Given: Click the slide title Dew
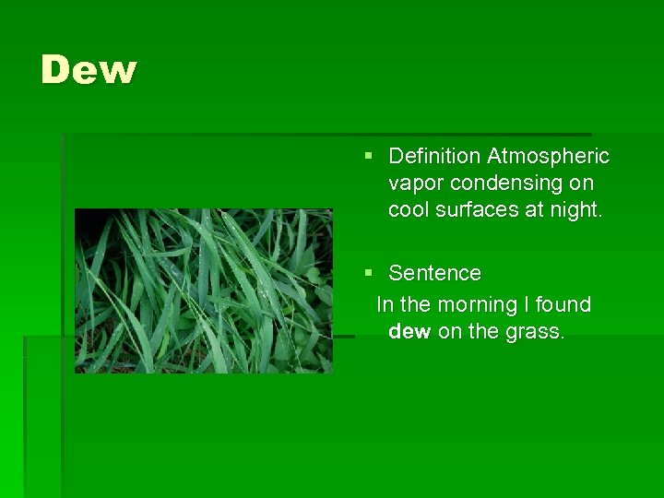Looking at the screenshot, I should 89,70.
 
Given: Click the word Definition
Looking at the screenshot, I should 434,157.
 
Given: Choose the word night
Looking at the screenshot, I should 574,210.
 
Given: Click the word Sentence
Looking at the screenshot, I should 434,273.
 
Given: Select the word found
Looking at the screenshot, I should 562,304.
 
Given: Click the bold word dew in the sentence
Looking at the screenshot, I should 409,331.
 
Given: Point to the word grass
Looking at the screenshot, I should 535,331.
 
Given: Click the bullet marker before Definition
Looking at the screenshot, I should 369,157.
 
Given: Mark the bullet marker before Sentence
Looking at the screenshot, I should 369,273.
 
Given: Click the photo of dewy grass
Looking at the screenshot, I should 203,290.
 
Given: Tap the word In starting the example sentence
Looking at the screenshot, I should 385,304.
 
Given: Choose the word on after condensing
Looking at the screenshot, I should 582,184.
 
